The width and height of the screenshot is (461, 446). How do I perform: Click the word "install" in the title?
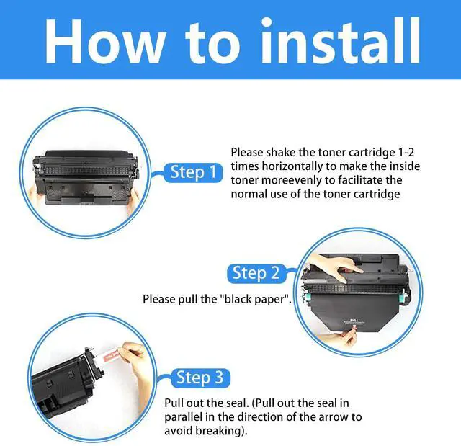pos(341,40)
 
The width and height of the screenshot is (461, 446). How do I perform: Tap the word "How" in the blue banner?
pos(104,41)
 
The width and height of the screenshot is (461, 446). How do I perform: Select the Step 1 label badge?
pos(193,172)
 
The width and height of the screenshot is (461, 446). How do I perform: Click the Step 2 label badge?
pos(256,273)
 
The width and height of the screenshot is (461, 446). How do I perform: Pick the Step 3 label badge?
pos(200,378)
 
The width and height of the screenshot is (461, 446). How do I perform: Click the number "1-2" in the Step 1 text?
pos(406,152)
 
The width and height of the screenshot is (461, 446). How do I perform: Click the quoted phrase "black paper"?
pos(254,299)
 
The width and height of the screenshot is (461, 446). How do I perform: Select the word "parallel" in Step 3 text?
pos(184,417)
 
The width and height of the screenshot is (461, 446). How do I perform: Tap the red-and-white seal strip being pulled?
pos(111,355)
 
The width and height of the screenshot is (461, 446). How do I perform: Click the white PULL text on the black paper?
pos(354,320)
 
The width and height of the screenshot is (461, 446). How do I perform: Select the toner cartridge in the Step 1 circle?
pos(86,177)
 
